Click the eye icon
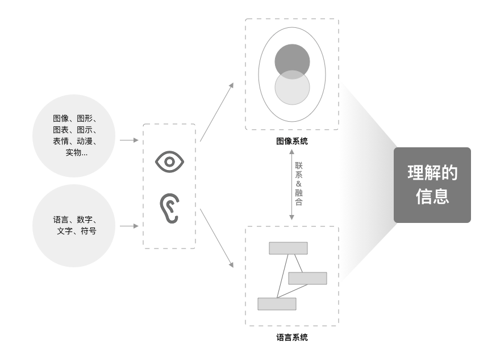pos(169,162)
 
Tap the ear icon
pos(169,209)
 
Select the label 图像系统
pos(292,141)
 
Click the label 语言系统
pos(292,337)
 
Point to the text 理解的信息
pos(432,185)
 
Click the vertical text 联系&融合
pos(299,183)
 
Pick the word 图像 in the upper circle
pos(61,118)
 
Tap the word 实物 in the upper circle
pos(73,152)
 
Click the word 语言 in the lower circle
pos(61,220)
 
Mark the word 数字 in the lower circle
pos(85,220)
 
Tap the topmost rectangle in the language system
pos(288,248)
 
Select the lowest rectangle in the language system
pos(277,304)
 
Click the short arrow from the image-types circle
pos(129,139)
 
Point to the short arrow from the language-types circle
pos(129,226)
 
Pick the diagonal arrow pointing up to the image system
pos(216,111)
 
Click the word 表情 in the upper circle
pos(61,141)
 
